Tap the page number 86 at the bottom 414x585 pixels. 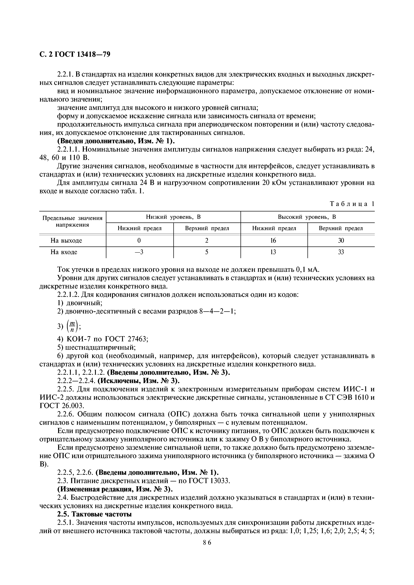(207, 542)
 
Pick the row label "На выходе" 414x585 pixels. (66, 240)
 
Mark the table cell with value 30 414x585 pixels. (341, 240)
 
